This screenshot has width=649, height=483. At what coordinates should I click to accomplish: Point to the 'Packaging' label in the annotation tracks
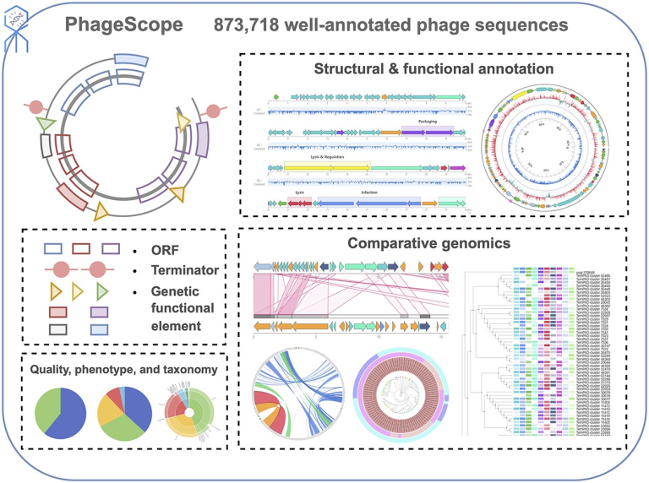[427, 120]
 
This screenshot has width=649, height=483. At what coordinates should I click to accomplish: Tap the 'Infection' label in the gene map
[369, 193]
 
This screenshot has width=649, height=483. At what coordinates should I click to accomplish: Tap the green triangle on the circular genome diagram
[50, 124]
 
